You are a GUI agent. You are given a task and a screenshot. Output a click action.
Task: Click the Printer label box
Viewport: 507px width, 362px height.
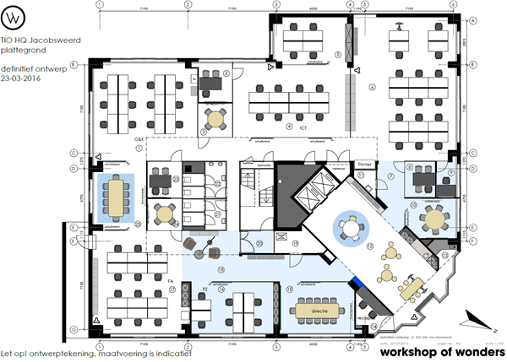tap(364, 165)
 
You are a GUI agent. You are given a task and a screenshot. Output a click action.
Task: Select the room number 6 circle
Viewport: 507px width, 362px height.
tap(372, 87)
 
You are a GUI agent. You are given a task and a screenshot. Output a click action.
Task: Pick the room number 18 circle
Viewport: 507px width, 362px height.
tap(221, 269)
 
